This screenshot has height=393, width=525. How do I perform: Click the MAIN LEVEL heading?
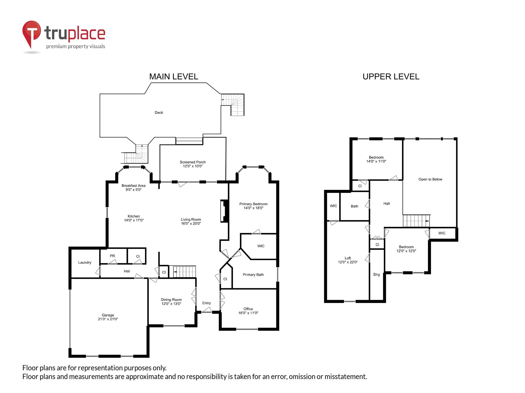pyautogui.click(x=174, y=77)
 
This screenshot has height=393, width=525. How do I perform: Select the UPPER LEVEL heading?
pyautogui.click(x=391, y=77)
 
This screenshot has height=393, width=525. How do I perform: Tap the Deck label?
pyautogui.click(x=159, y=113)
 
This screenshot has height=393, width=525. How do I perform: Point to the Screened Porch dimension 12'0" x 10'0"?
pyautogui.click(x=193, y=166)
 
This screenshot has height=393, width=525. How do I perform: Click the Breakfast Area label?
pyautogui.click(x=133, y=185)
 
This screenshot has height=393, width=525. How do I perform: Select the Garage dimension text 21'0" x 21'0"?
pyautogui.click(x=108, y=319)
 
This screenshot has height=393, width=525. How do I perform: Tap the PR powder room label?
pyautogui.click(x=112, y=256)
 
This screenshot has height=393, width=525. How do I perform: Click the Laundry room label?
pyautogui.click(x=85, y=263)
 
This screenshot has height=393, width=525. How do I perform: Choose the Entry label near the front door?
pyautogui.click(x=206, y=303)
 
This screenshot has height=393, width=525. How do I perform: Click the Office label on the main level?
pyautogui.click(x=248, y=309)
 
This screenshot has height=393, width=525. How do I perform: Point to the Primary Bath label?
pyautogui.click(x=253, y=275)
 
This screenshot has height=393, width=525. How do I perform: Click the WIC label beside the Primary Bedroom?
pyautogui.click(x=261, y=246)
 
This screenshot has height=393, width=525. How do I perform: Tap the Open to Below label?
pyautogui.click(x=430, y=179)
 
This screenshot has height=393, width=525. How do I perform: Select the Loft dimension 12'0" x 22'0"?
pyautogui.click(x=348, y=262)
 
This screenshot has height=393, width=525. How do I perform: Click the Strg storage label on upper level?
pyautogui.click(x=376, y=275)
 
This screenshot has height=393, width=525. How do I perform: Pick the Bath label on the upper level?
pyautogui.click(x=354, y=206)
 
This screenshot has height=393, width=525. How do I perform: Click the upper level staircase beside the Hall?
pyautogui.click(x=416, y=221)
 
